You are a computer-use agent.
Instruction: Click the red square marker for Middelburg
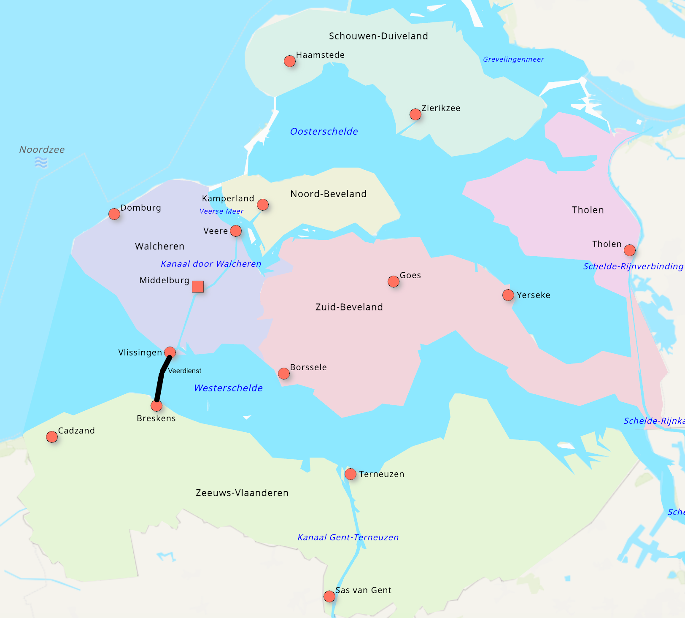click(198, 287)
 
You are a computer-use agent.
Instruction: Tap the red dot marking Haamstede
click(290, 61)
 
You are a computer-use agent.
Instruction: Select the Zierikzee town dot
click(415, 114)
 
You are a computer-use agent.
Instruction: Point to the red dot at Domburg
click(114, 214)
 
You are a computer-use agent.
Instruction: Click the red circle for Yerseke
click(508, 295)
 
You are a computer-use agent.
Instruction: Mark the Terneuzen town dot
click(351, 474)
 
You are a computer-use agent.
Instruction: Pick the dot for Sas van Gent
click(329, 596)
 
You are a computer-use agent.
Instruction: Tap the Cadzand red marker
click(52, 437)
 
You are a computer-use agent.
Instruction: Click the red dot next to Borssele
click(284, 374)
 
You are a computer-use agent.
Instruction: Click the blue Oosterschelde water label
click(324, 131)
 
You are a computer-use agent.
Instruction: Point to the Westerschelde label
click(228, 388)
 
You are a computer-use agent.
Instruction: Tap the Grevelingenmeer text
click(513, 60)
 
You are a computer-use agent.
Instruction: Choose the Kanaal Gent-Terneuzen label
click(348, 537)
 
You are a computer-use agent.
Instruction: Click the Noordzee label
click(42, 149)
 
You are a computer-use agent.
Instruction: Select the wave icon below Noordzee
click(41, 162)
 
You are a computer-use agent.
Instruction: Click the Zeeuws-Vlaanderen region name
click(242, 493)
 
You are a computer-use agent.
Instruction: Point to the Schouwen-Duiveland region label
click(378, 36)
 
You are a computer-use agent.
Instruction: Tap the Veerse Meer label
click(221, 211)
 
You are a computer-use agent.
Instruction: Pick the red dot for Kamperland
click(263, 205)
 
